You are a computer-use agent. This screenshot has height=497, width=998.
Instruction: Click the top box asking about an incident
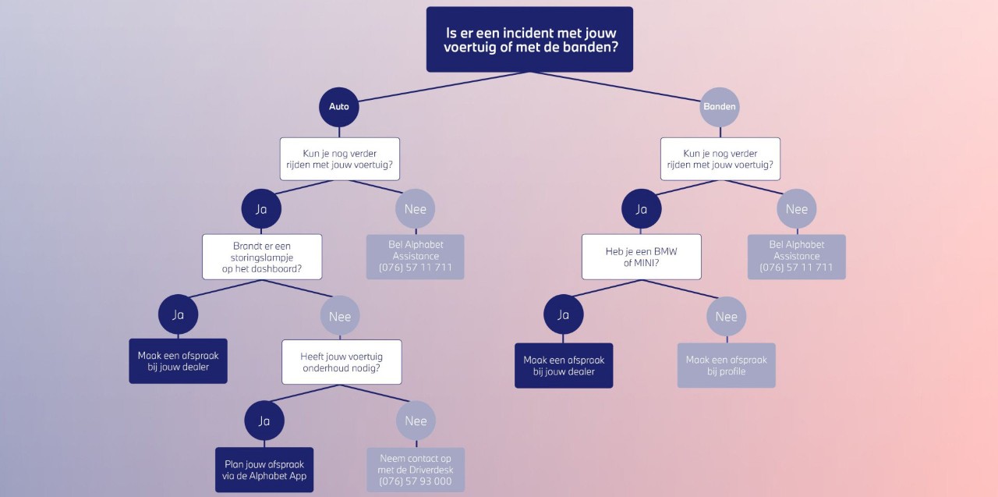(529, 40)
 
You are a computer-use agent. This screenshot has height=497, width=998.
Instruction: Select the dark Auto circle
(339, 107)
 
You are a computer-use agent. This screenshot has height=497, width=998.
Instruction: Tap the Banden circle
(720, 107)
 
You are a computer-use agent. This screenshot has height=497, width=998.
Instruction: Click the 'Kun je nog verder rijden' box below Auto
(340, 159)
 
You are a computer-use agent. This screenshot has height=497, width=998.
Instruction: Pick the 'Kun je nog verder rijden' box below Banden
(720, 159)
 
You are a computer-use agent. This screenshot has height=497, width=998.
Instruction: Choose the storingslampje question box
(262, 257)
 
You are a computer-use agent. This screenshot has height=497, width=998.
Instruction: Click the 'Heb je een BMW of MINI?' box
(641, 257)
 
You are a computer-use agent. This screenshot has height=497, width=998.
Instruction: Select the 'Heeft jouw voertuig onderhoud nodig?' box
(342, 362)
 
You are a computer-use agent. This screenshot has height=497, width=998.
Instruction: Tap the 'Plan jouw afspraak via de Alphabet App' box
(264, 470)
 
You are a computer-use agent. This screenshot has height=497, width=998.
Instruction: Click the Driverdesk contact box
(416, 470)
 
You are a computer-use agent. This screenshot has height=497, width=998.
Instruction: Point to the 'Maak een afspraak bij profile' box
(726, 365)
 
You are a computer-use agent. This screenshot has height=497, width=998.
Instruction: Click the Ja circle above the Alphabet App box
(264, 421)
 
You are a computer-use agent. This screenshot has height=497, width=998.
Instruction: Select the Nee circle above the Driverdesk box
(416, 421)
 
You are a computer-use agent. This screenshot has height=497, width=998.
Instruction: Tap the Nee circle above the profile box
(726, 316)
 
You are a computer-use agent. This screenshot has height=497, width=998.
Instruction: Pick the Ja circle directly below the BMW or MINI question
(564, 314)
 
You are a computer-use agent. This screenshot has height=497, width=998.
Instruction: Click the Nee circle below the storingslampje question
(340, 316)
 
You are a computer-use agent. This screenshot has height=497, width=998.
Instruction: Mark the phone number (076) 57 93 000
(416, 481)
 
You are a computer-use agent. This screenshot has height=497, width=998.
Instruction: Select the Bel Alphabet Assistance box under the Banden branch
(796, 257)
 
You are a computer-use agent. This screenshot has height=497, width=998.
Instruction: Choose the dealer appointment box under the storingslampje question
(179, 361)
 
